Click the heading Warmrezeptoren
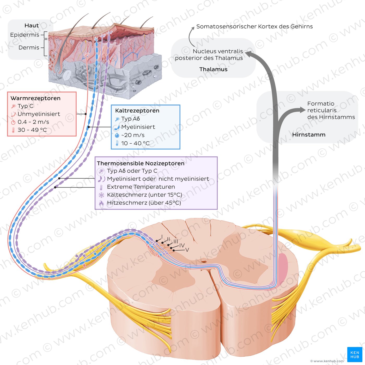tap(35, 98)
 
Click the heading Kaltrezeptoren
tap(137, 111)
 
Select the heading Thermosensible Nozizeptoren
tap(141, 163)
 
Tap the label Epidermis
tap(25, 35)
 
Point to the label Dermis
tap(29, 48)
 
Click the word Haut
tap(32, 26)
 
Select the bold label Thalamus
tap(213, 69)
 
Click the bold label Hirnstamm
tap(309, 135)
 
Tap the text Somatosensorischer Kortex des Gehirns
tap(254, 27)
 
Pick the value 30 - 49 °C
tap(32, 130)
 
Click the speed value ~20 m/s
tap(133, 135)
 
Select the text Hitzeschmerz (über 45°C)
tap(144, 203)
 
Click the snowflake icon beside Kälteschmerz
tap(101, 195)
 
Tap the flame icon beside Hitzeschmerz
tap(101, 203)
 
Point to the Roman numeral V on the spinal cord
tap(187, 250)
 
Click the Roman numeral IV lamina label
tap(182, 245)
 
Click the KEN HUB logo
tap(355, 355)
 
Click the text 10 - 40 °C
tap(135, 143)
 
